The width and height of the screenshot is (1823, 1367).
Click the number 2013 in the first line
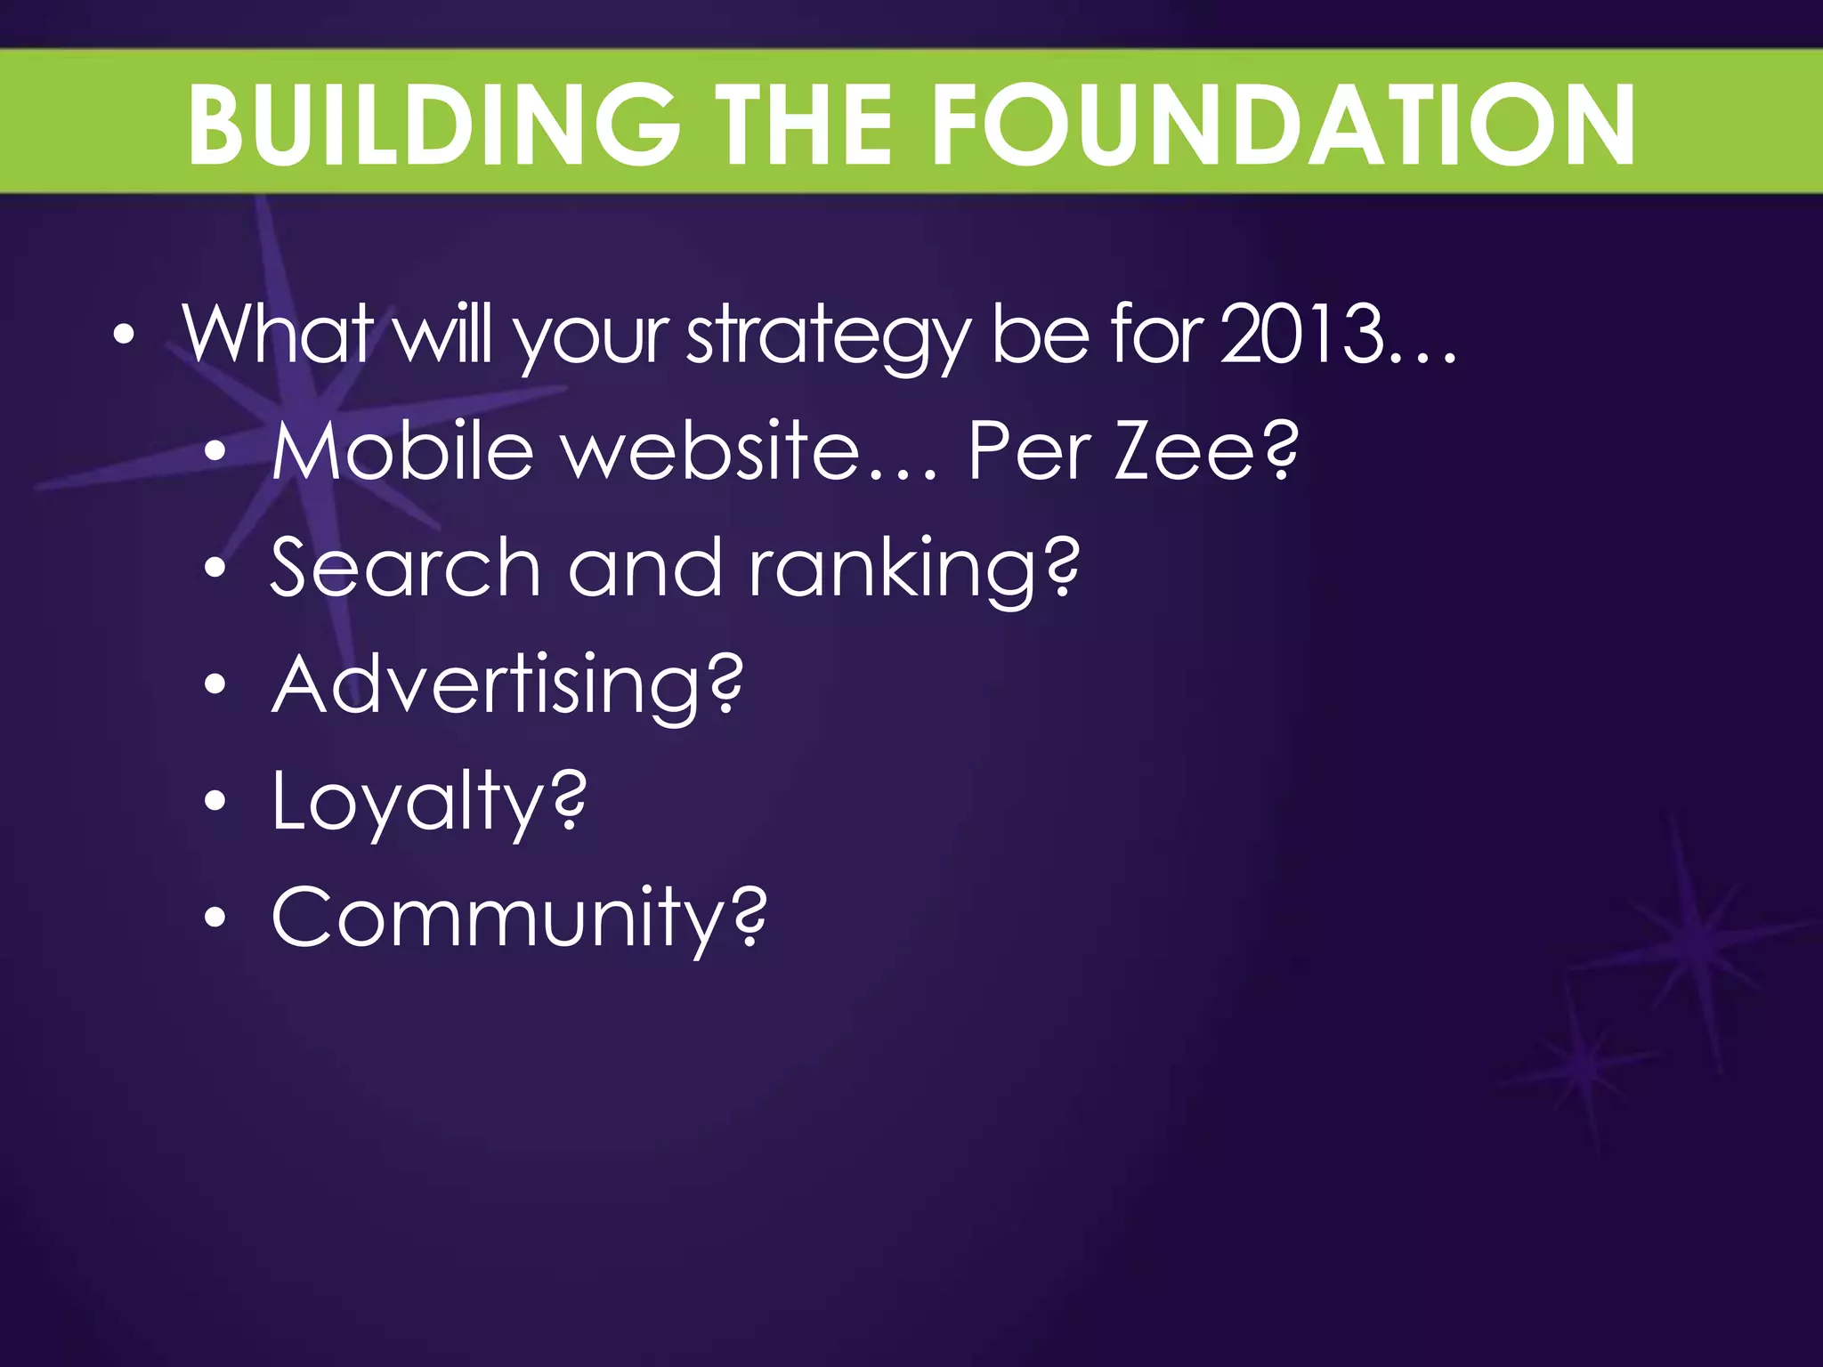click(1302, 334)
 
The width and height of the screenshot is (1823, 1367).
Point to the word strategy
click(828, 336)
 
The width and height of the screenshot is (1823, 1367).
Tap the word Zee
click(1185, 450)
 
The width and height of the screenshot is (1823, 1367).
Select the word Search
click(405, 568)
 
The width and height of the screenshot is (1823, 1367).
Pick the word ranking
click(895, 570)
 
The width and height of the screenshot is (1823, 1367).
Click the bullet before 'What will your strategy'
click(125, 336)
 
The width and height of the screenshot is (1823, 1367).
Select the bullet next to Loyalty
click(215, 802)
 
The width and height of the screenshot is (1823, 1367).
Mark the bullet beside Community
click(215, 918)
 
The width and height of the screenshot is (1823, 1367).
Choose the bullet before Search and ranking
click(215, 568)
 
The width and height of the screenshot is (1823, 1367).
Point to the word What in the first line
click(277, 334)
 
